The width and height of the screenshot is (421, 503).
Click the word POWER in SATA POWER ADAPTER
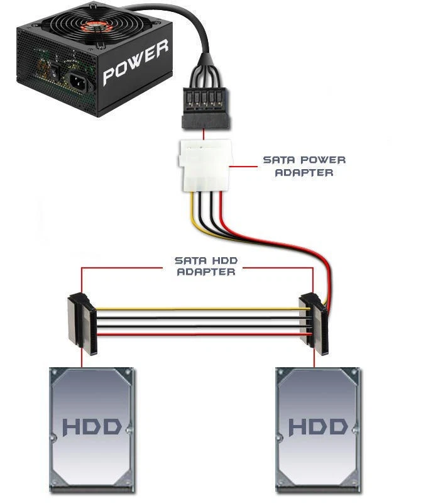coord(322,160)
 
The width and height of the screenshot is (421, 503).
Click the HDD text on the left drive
coord(92,428)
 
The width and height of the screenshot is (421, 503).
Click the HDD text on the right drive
coord(318,428)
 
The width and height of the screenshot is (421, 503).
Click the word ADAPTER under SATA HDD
coord(206,272)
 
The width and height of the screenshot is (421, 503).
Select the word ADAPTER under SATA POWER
coord(304,172)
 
